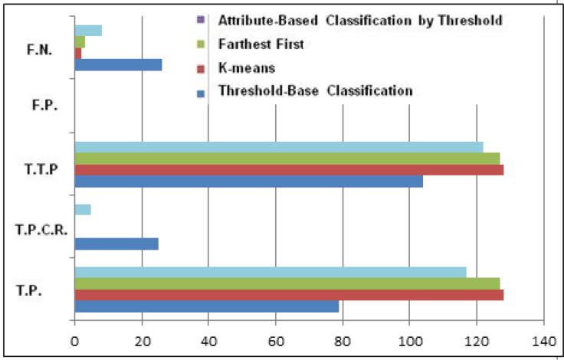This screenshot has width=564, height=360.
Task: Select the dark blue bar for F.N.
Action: [x=118, y=65]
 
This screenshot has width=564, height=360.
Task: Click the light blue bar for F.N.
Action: [x=88, y=31]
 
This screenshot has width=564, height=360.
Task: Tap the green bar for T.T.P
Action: [x=287, y=159]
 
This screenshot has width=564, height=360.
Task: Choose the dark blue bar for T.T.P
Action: [x=248, y=182]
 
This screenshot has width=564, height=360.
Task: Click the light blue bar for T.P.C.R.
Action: [x=83, y=209]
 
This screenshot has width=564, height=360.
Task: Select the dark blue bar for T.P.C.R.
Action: [x=116, y=244]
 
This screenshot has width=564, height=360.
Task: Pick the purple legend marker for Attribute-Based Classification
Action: [x=200, y=19]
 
